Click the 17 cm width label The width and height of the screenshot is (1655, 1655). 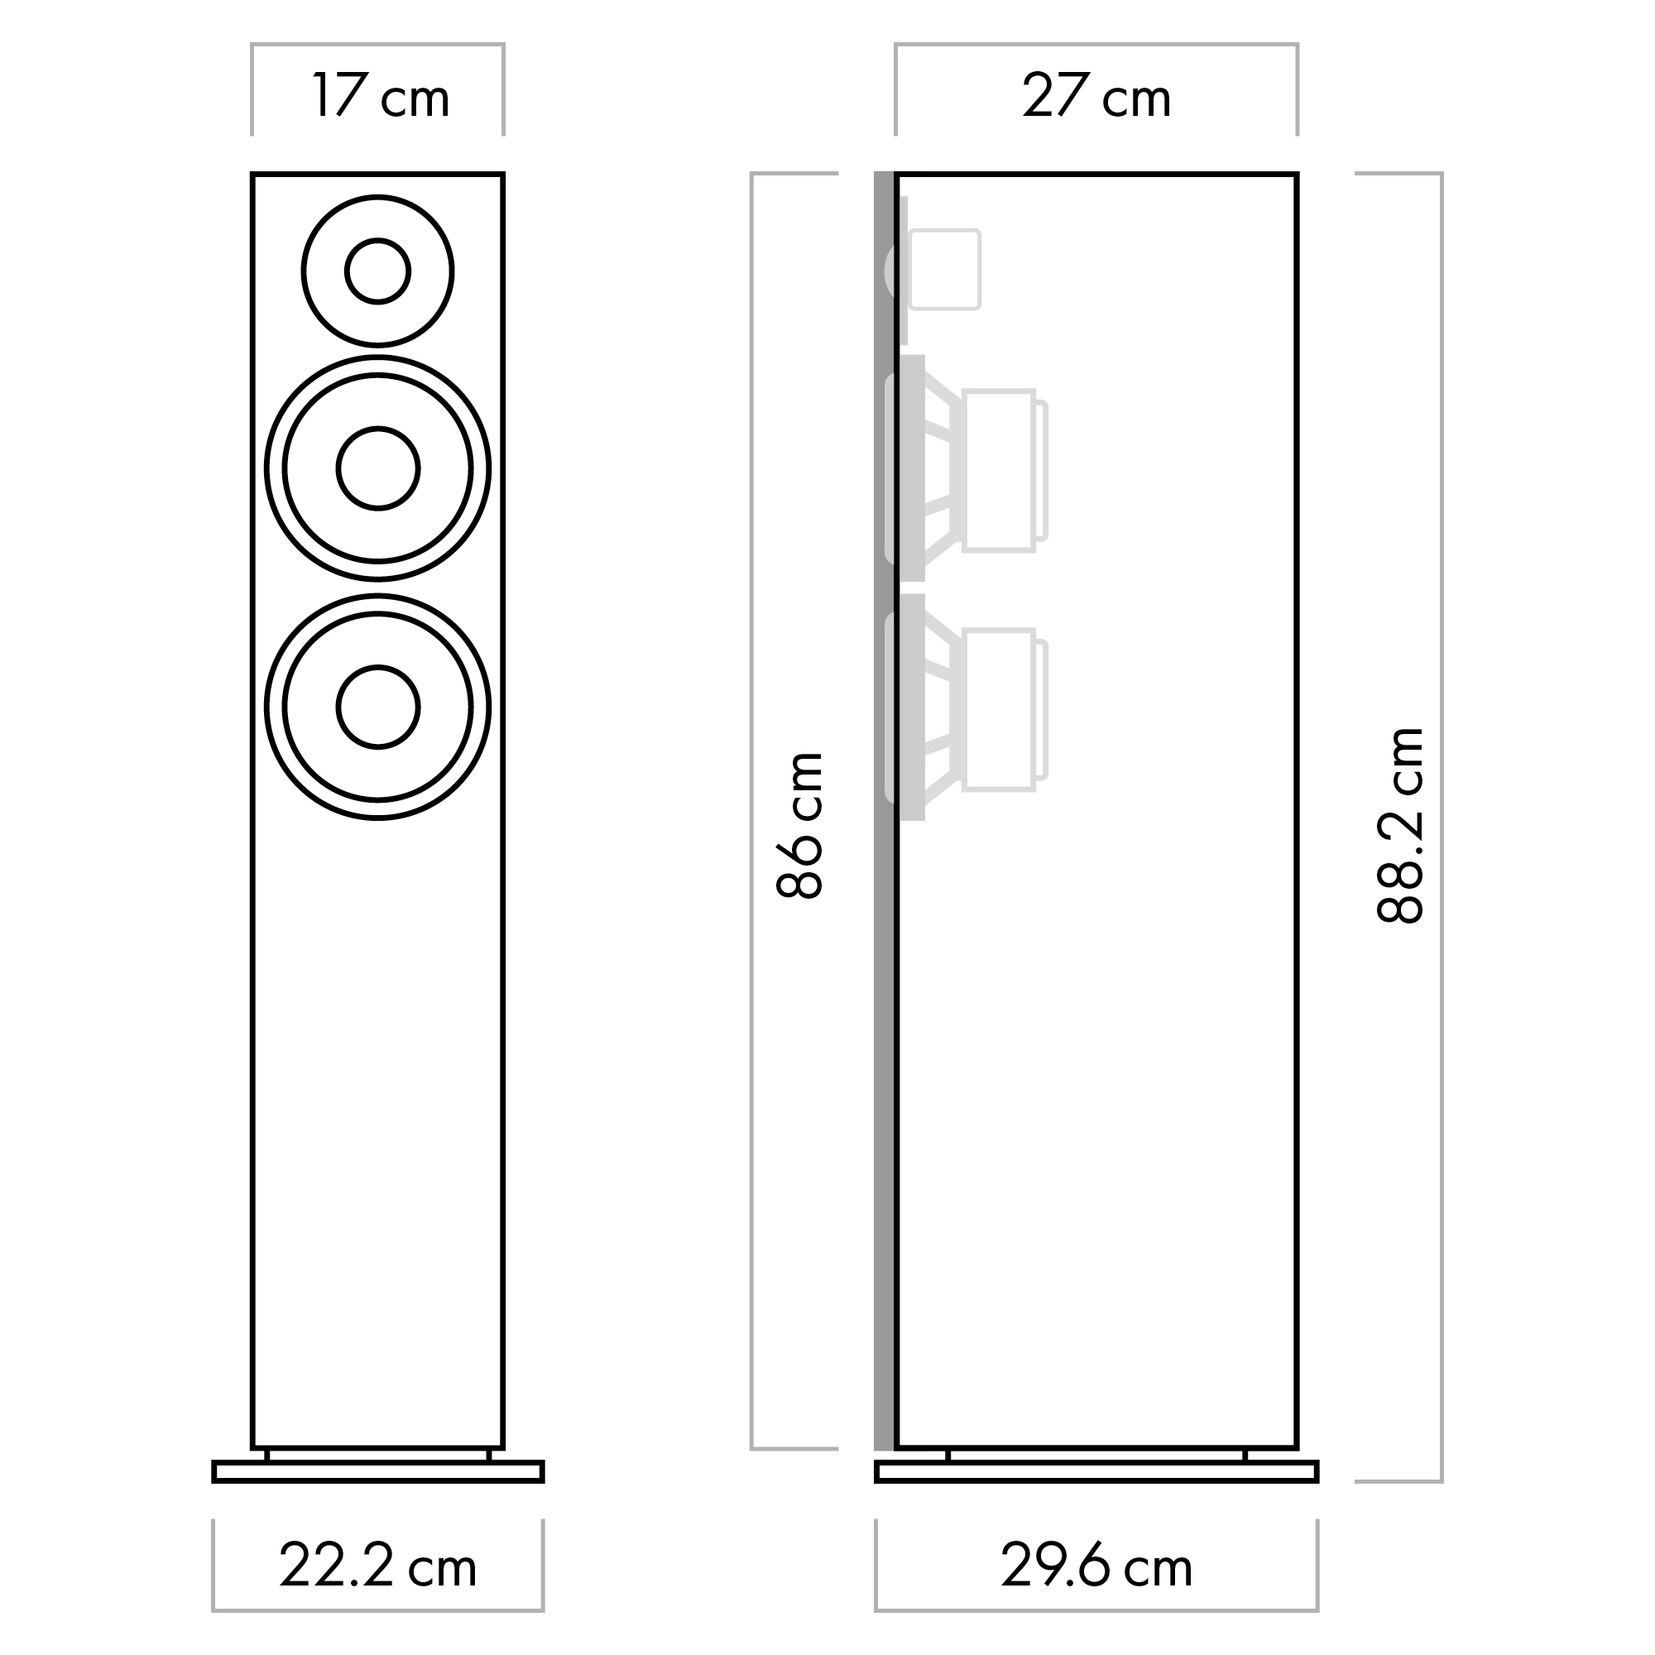[381, 96]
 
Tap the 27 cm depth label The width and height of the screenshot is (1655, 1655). [1096, 96]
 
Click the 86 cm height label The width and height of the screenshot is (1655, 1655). [800, 825]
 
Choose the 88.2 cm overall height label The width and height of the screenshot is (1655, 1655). [1400, 825]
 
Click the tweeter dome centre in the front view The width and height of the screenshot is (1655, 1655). [378, 271]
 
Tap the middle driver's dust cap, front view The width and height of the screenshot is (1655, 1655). [378, 468]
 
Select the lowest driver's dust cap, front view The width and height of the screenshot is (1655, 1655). [378, 707]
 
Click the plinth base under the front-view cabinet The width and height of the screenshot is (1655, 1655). [378, 1470]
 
